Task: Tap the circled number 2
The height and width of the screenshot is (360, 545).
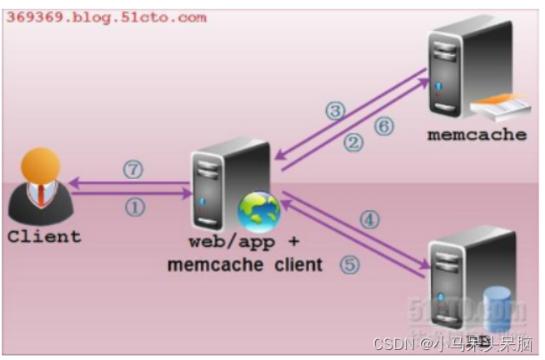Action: [x=355, y=142]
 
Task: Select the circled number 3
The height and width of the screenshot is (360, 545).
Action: [x=335, y=111]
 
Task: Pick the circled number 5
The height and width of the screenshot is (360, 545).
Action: [x=351, y=266]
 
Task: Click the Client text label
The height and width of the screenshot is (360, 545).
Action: [x=44, y=236]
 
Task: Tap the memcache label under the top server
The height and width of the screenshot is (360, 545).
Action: [x=477, y=134]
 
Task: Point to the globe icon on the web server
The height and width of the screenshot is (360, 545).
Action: [x=257, y=210]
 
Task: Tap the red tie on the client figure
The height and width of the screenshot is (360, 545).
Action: [x=37, y=197]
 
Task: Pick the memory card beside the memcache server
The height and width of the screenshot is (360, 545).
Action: [x=500, y=107]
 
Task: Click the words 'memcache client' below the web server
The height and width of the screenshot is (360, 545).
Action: [x=244, y=266]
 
